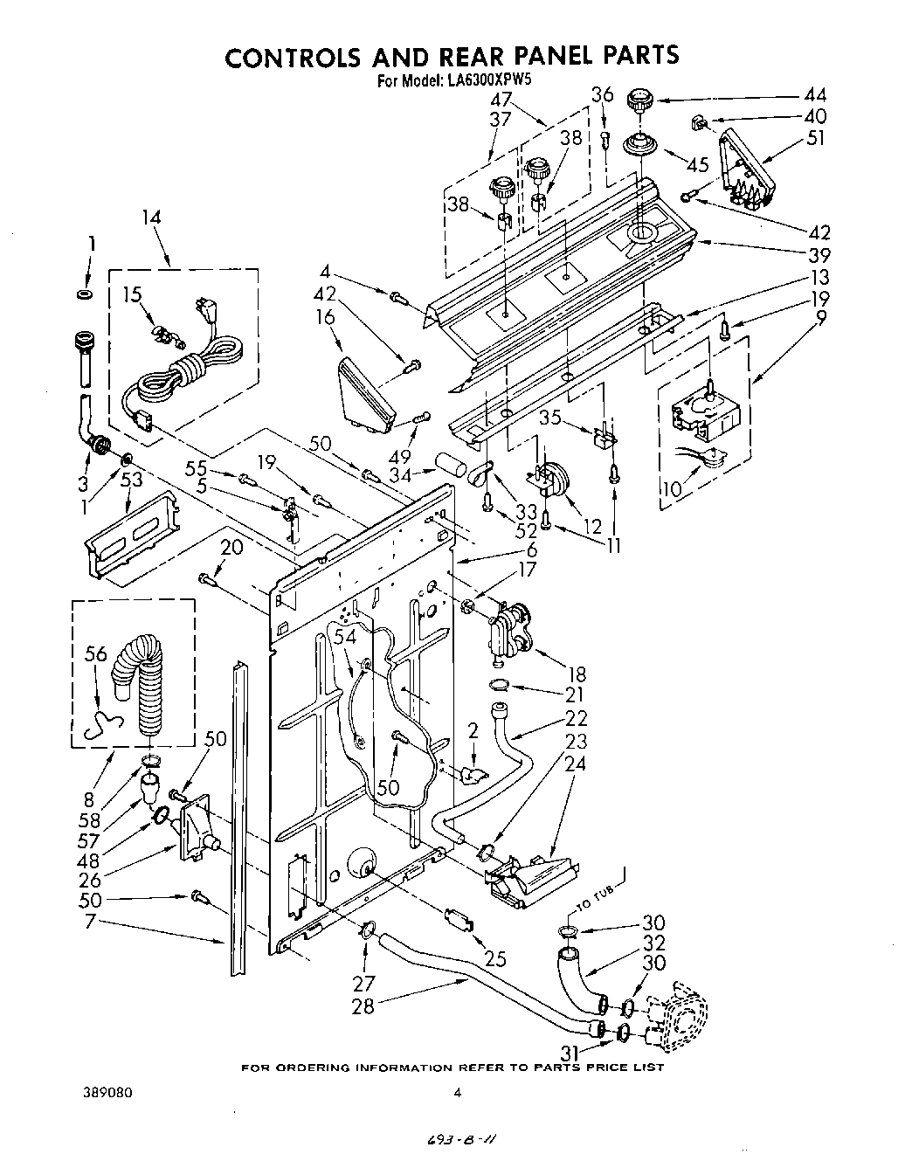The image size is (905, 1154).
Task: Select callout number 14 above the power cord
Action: (x=151, y=218)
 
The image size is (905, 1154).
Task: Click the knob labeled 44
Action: (x=640, y=100)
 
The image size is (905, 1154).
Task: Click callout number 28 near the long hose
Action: (x=363, y=1006)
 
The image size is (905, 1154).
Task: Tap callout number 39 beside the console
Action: (x=819, y=255)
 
